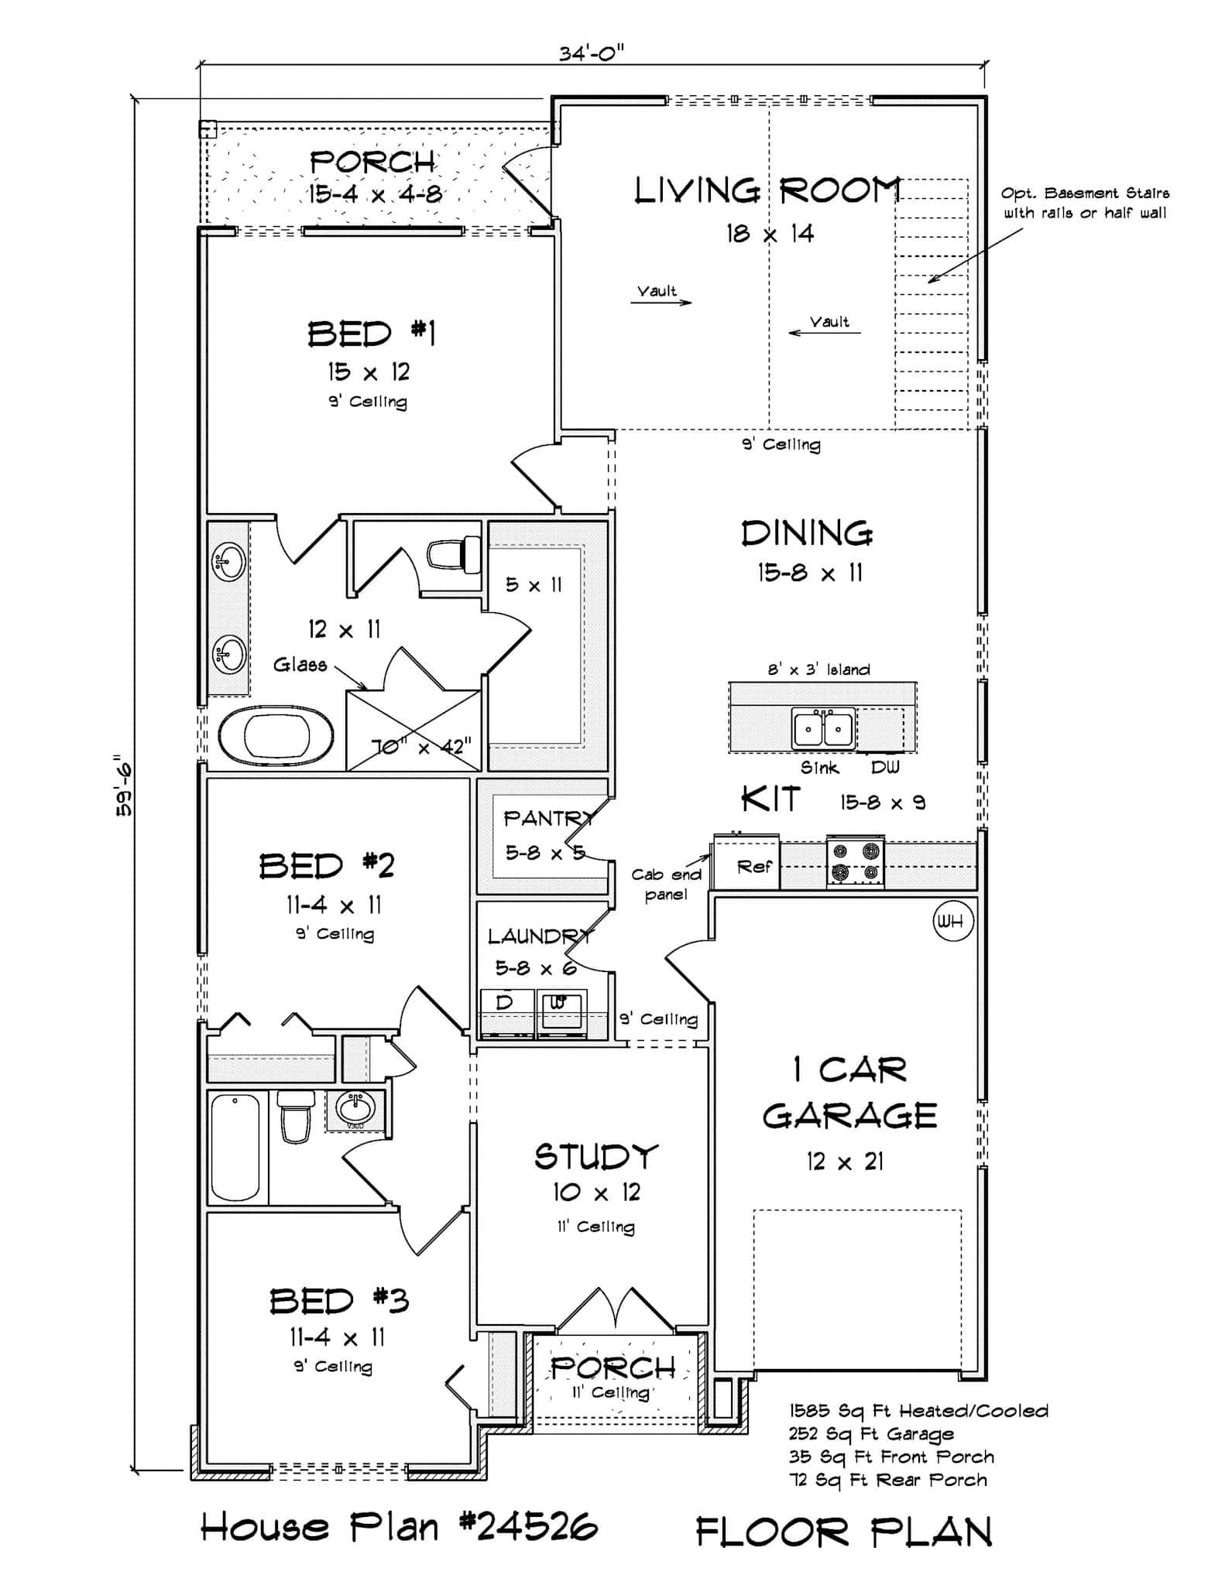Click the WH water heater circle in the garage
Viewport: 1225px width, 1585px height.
pyautogui.click(x=952, y=921)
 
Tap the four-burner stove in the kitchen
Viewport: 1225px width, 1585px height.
pyautogui.click(x=855, y=861)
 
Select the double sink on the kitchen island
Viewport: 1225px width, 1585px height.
pyautogui.click(x=823, y=728)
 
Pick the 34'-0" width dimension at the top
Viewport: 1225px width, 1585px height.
pyautogui.click(x=592, y=53)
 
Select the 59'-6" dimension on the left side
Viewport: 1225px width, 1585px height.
pyautogui.click(x=123, y=786)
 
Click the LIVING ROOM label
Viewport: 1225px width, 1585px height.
pyautogui.click(x=767, y=190)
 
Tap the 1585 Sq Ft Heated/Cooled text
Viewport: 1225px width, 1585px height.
pyautogui.click(x=918, y=1411)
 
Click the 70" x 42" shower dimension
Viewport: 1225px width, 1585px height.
pyautogui.click(x=421, y=746)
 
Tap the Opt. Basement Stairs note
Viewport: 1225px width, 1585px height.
pyautogui.click(x=1084, y=203)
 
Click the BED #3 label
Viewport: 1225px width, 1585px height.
pyautogui.click(x=338, y=1301)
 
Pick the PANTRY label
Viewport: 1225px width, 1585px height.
pyautogui.click(x=548, y=818)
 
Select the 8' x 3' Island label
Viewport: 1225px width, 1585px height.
pyautogui.click(x=818, y=669)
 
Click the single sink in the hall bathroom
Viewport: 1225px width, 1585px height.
pyautogui.click(x=355, y=1107)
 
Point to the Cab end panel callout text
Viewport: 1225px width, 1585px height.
pyautogui.click(x=666, y=884)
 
